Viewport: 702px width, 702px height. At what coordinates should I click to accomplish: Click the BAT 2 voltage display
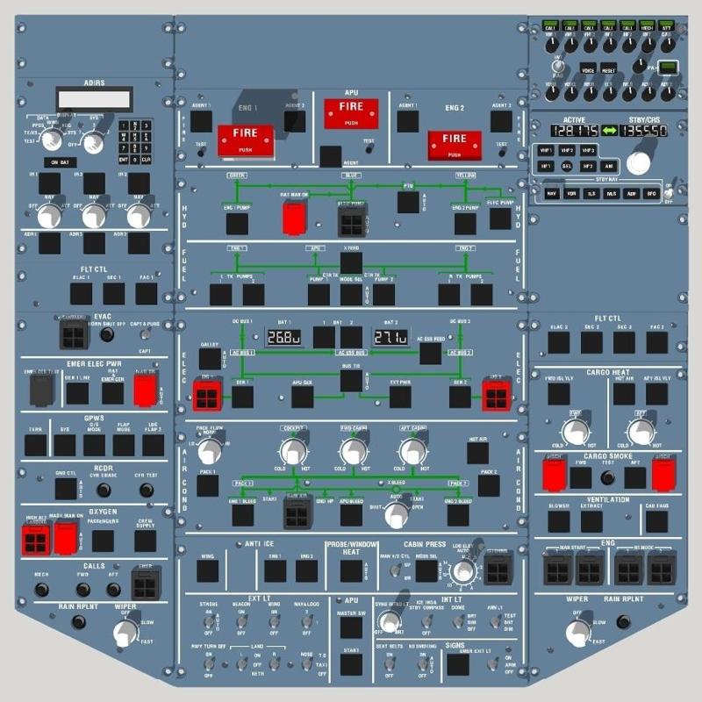point(389,337)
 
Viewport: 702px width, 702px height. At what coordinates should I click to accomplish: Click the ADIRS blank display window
point(94,98)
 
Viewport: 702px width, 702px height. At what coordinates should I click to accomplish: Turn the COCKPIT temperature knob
point(290,453)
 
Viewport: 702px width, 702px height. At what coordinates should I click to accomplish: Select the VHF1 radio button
point(547,151)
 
